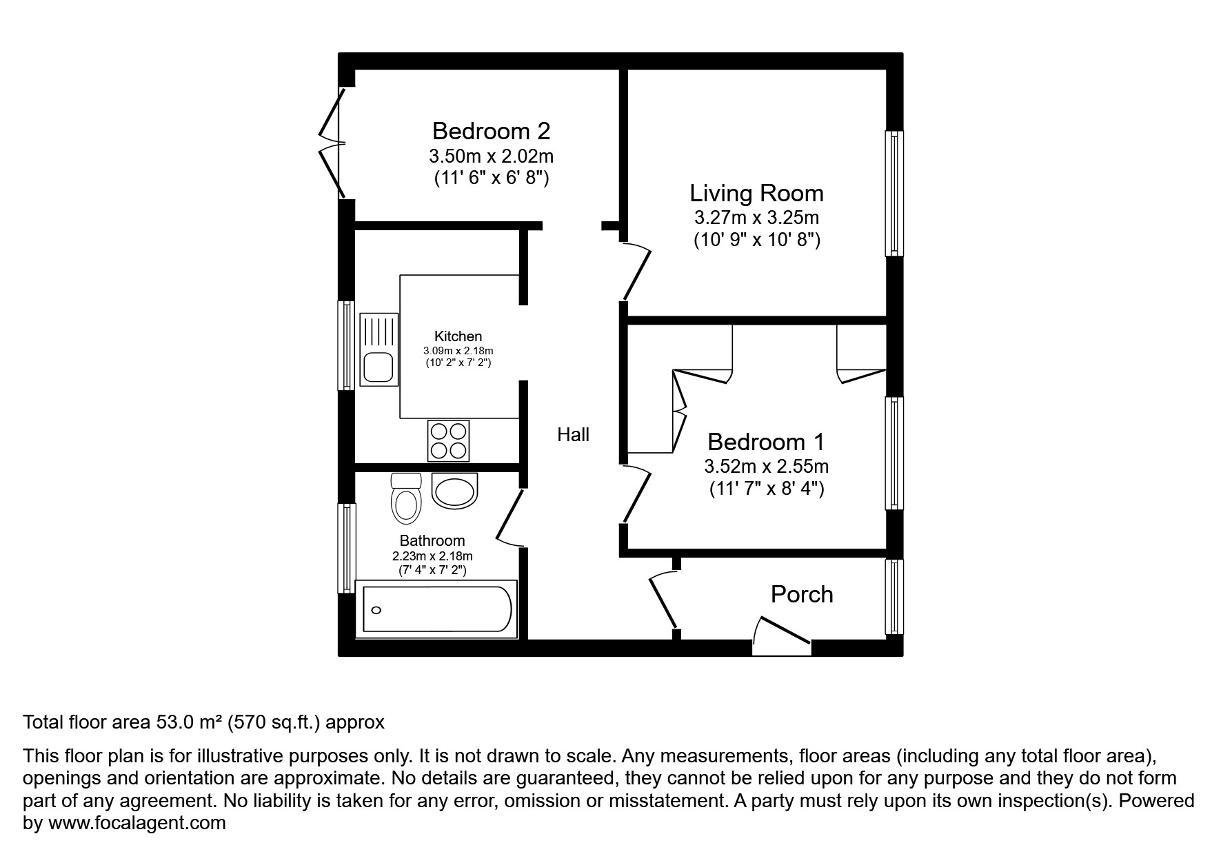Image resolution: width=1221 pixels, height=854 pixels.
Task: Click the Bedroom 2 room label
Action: pyautogui.click(x=491, y=131)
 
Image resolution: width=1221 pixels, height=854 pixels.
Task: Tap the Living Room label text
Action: pyautogui.click(x=756, y=193)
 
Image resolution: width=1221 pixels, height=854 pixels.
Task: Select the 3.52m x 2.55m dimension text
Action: pyautogui.click(x=766, y=467)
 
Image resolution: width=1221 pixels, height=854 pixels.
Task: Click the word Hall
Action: pyautogui.click(x=573, y=435)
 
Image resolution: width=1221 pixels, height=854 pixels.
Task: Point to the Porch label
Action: pyautogui.click(x=801, y=594)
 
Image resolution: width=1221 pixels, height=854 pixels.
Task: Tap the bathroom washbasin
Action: pyautogui.click(x=454, y=491)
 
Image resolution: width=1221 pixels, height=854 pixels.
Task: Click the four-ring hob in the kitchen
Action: pyautogui.click(x=448, y=440)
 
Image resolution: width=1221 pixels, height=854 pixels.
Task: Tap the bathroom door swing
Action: pyautogui.click(x=510, y=516)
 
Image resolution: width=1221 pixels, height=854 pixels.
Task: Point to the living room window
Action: pyautogui.click(x=894, y=194)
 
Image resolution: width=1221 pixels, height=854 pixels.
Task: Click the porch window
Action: pyautogui.click(x=894, y=596)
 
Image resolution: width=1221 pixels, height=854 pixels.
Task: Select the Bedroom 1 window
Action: pyautogui.click(x=894, y=454)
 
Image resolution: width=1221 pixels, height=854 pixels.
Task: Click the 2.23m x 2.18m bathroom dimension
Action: pyautogui.click(x=432, y=556)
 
